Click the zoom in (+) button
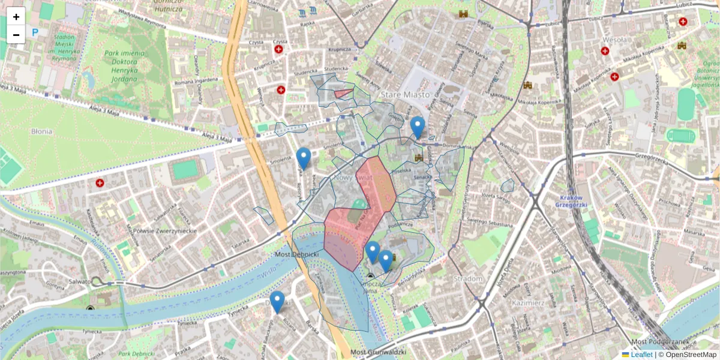(x=16, y=16)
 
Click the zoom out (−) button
(x=16, y=34)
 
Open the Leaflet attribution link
(x=641, y=355)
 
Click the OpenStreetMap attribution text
(x=690, y=355)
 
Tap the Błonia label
(x=42, y=131)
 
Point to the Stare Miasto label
(x=405, y=95)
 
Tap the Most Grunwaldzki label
(x=378, y=352)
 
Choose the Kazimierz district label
(x=528, y=303)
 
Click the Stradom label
(x=468, y=279)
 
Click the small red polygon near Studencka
(x=343, y=93)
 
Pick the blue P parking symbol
(x=35, y=32)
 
